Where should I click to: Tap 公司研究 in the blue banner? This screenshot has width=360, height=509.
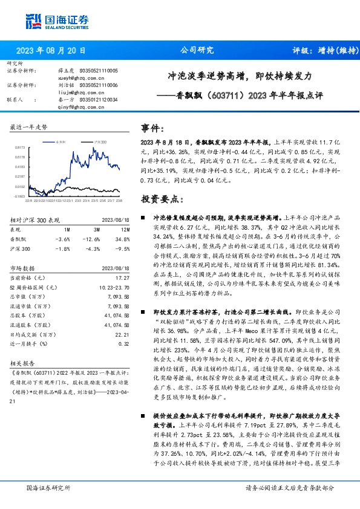click(197, 51)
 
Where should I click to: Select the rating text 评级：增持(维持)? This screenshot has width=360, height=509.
click(318, 51)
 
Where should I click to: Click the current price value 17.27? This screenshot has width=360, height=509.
click(123, 276)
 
